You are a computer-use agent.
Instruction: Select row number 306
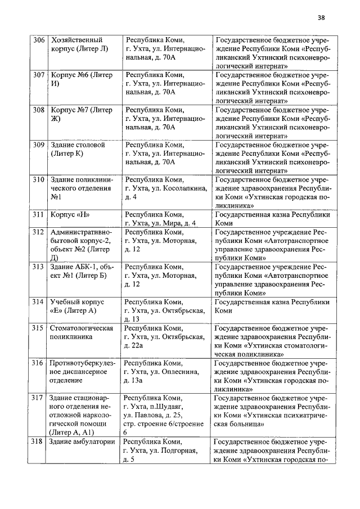[x=38, y=40]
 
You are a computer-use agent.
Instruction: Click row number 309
[x=38, y=145]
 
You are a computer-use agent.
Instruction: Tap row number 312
[x=38, y=232]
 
